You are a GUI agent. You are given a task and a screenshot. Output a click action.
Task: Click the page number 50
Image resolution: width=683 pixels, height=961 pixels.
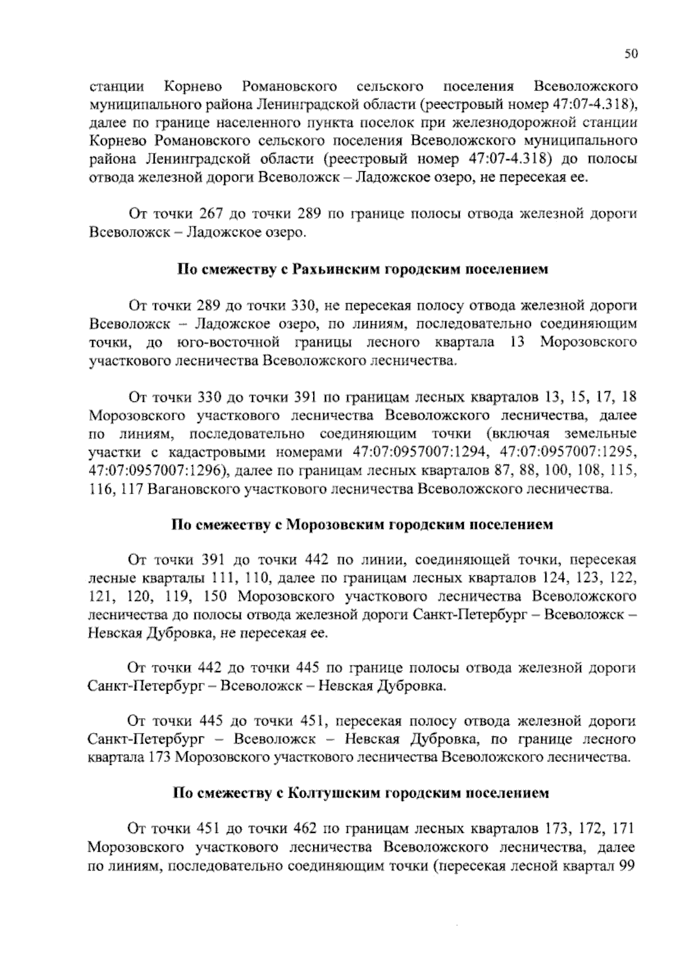tap(631, 54)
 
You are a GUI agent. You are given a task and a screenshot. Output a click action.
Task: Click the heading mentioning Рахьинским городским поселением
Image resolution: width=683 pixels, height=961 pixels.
tap(363, 270)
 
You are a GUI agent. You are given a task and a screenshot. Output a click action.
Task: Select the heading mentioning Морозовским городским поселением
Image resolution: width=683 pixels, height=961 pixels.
tap(363, 524)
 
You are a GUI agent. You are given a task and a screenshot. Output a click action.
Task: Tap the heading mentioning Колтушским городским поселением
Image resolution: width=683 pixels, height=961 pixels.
tap(361, 793)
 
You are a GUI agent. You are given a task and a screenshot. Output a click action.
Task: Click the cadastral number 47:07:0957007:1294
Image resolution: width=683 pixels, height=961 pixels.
tap(413, 453)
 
